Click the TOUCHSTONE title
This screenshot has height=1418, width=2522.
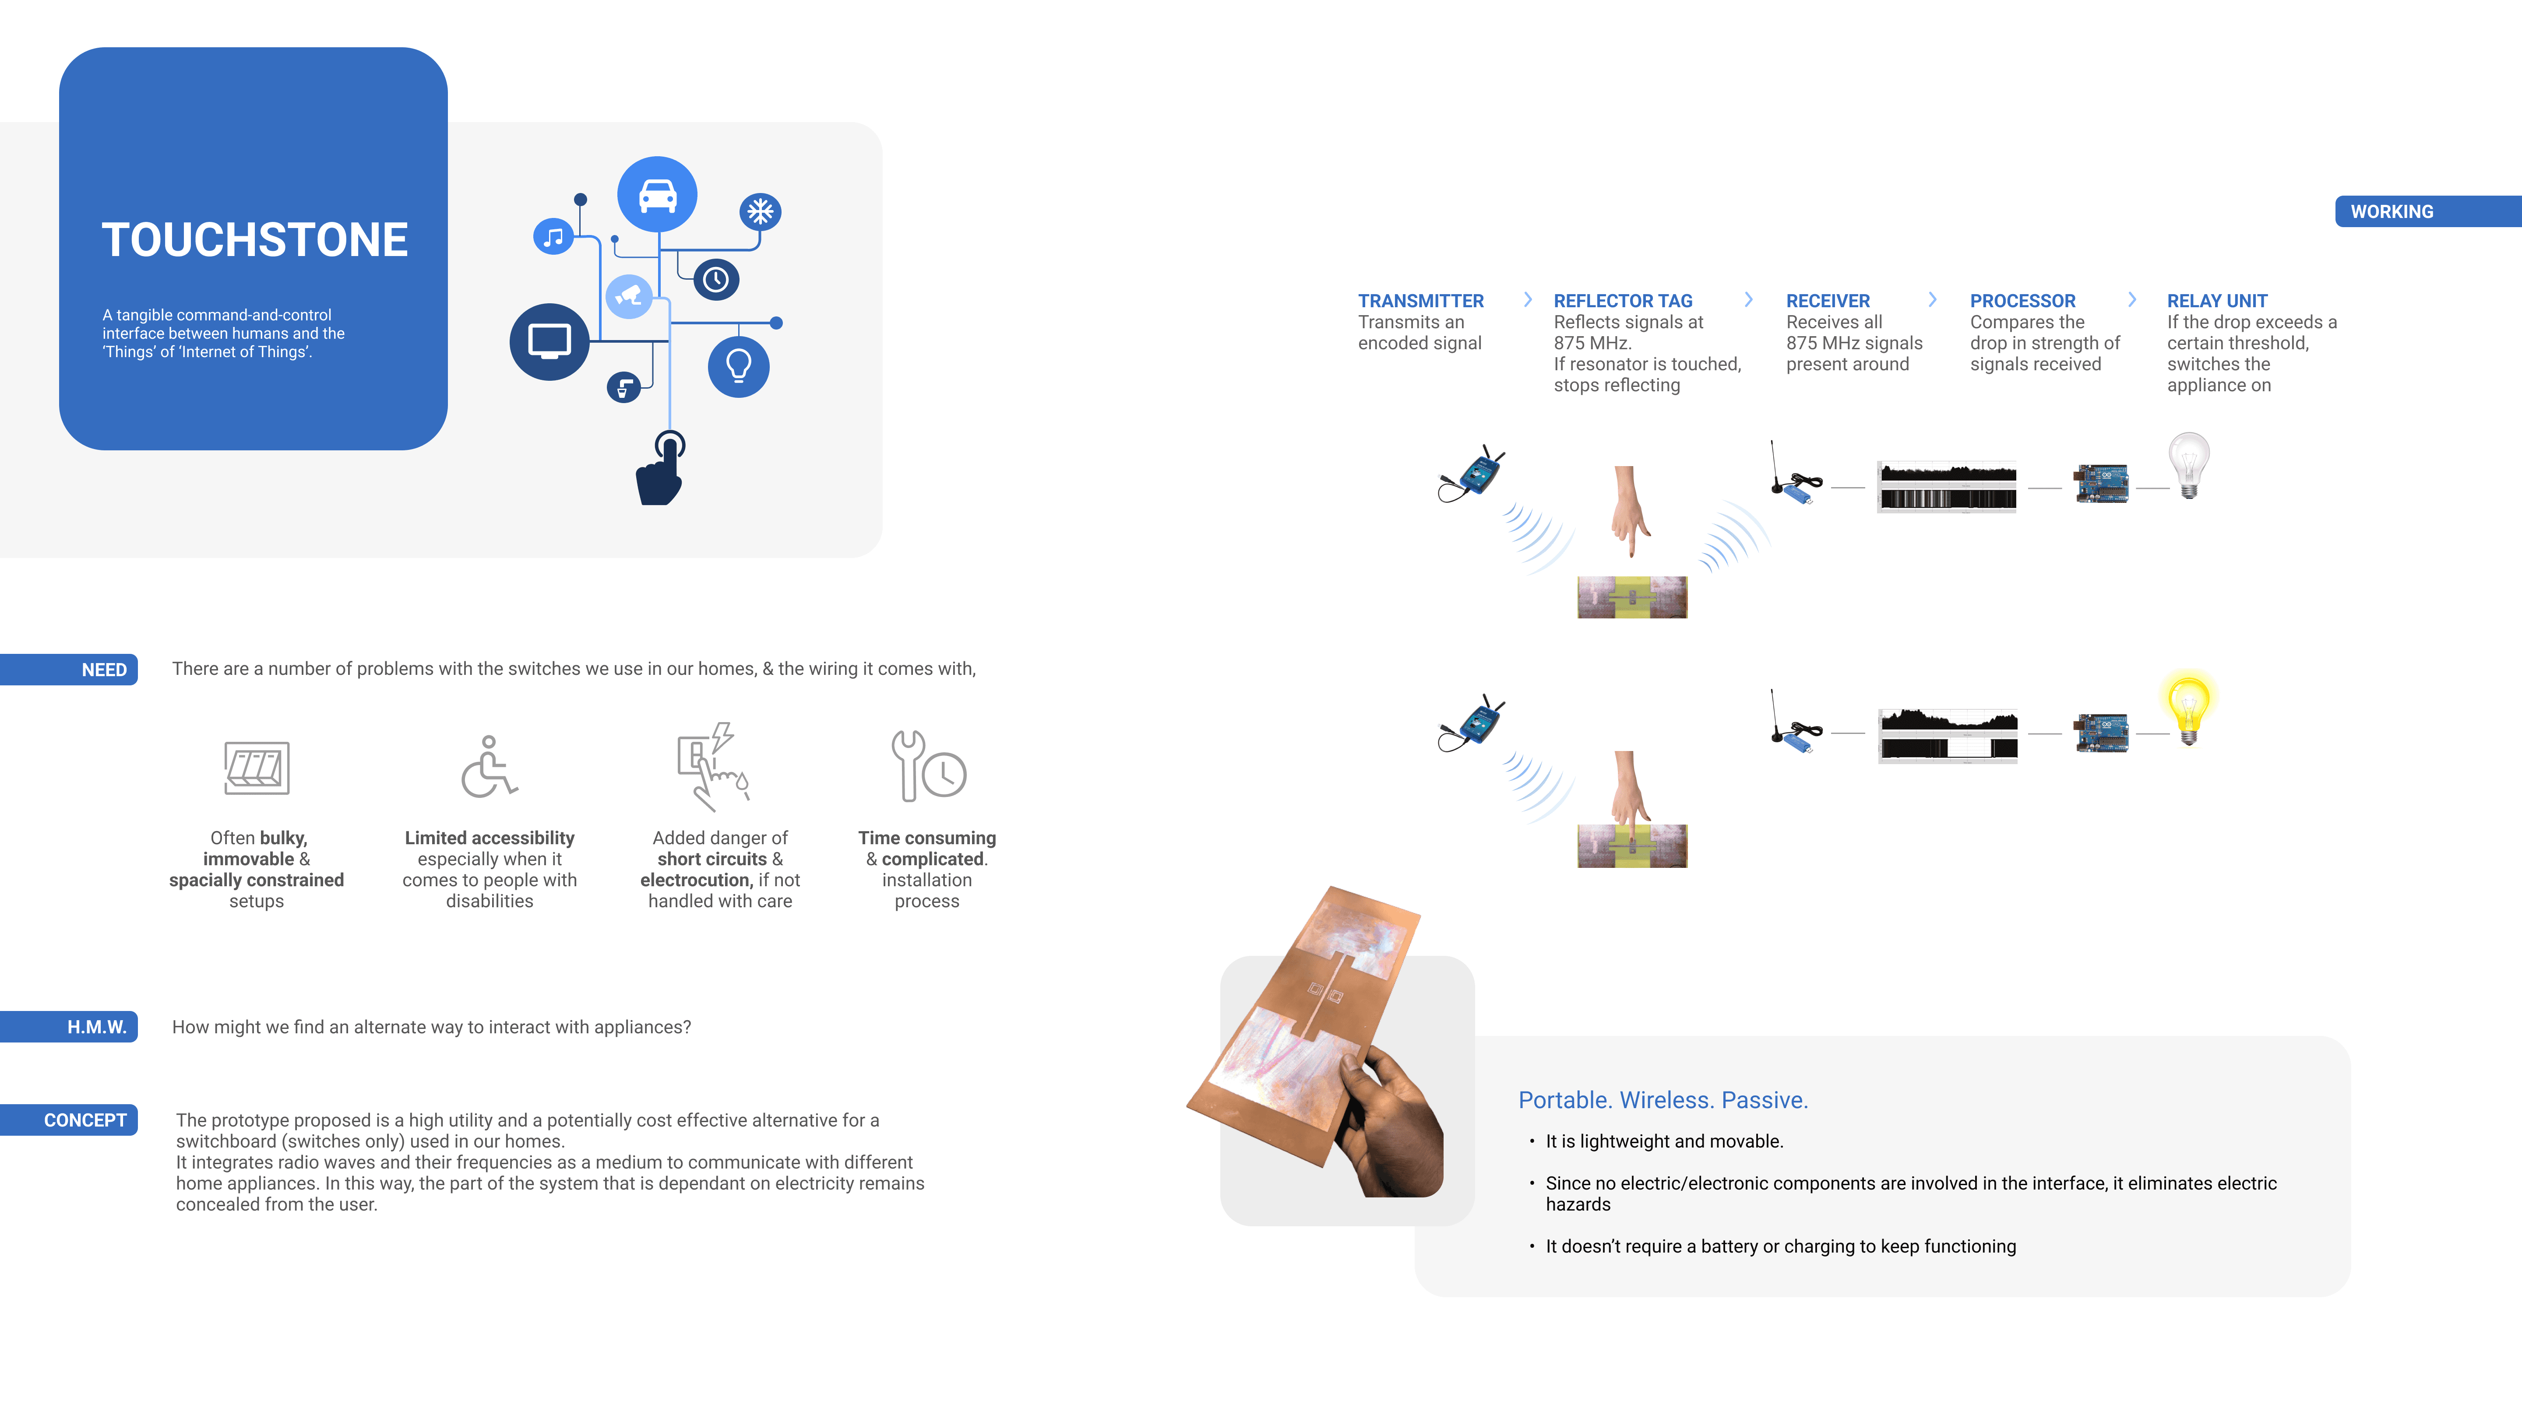pyautogui.click(x=254, y=240)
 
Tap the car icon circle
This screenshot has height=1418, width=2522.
pyautogui.click(x=657, y=195)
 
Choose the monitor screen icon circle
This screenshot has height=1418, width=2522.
pyautogui.click(x=549, y=341)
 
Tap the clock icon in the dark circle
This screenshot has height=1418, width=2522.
pyautogui.click(x=716, y=280)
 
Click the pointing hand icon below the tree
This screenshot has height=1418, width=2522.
pyautogui.click(x=661, y=472)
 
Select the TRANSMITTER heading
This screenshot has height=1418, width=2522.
pyautogui.click(x=1420, y=300)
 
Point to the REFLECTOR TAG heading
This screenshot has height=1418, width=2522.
pyautogui.click(x=1622, y=300)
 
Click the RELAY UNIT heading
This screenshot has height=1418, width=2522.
pyautogui.click(x=2216, y=300)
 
